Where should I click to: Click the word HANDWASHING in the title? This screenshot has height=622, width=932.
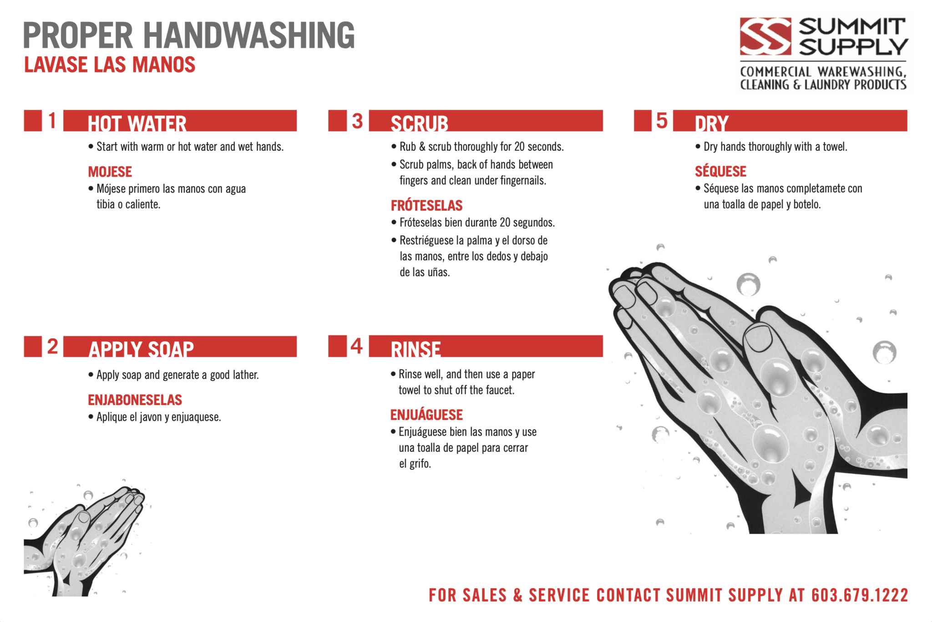249,35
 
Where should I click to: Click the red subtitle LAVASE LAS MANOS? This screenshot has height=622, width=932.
110,65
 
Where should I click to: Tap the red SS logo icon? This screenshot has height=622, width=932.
765,36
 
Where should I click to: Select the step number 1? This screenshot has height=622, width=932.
52,121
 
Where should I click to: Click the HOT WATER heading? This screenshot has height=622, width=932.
137,123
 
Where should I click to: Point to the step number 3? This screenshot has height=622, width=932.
357,121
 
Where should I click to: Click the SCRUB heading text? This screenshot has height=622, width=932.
419,123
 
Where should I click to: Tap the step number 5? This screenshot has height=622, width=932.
662,121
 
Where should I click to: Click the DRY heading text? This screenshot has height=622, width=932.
711,123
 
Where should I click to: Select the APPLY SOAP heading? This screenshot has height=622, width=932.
141,349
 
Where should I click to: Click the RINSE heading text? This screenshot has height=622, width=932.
415,349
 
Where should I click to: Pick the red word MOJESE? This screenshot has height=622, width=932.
110,172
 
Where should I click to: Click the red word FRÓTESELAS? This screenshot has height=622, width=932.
426,206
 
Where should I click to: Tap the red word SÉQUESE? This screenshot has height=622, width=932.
720,172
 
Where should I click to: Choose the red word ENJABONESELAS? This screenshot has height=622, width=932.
135,400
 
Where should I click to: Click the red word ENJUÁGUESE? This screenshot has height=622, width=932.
426,415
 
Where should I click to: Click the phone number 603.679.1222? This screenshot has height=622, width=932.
859,595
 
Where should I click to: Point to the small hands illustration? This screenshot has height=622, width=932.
84,541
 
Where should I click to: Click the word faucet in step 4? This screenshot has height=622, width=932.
500,390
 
